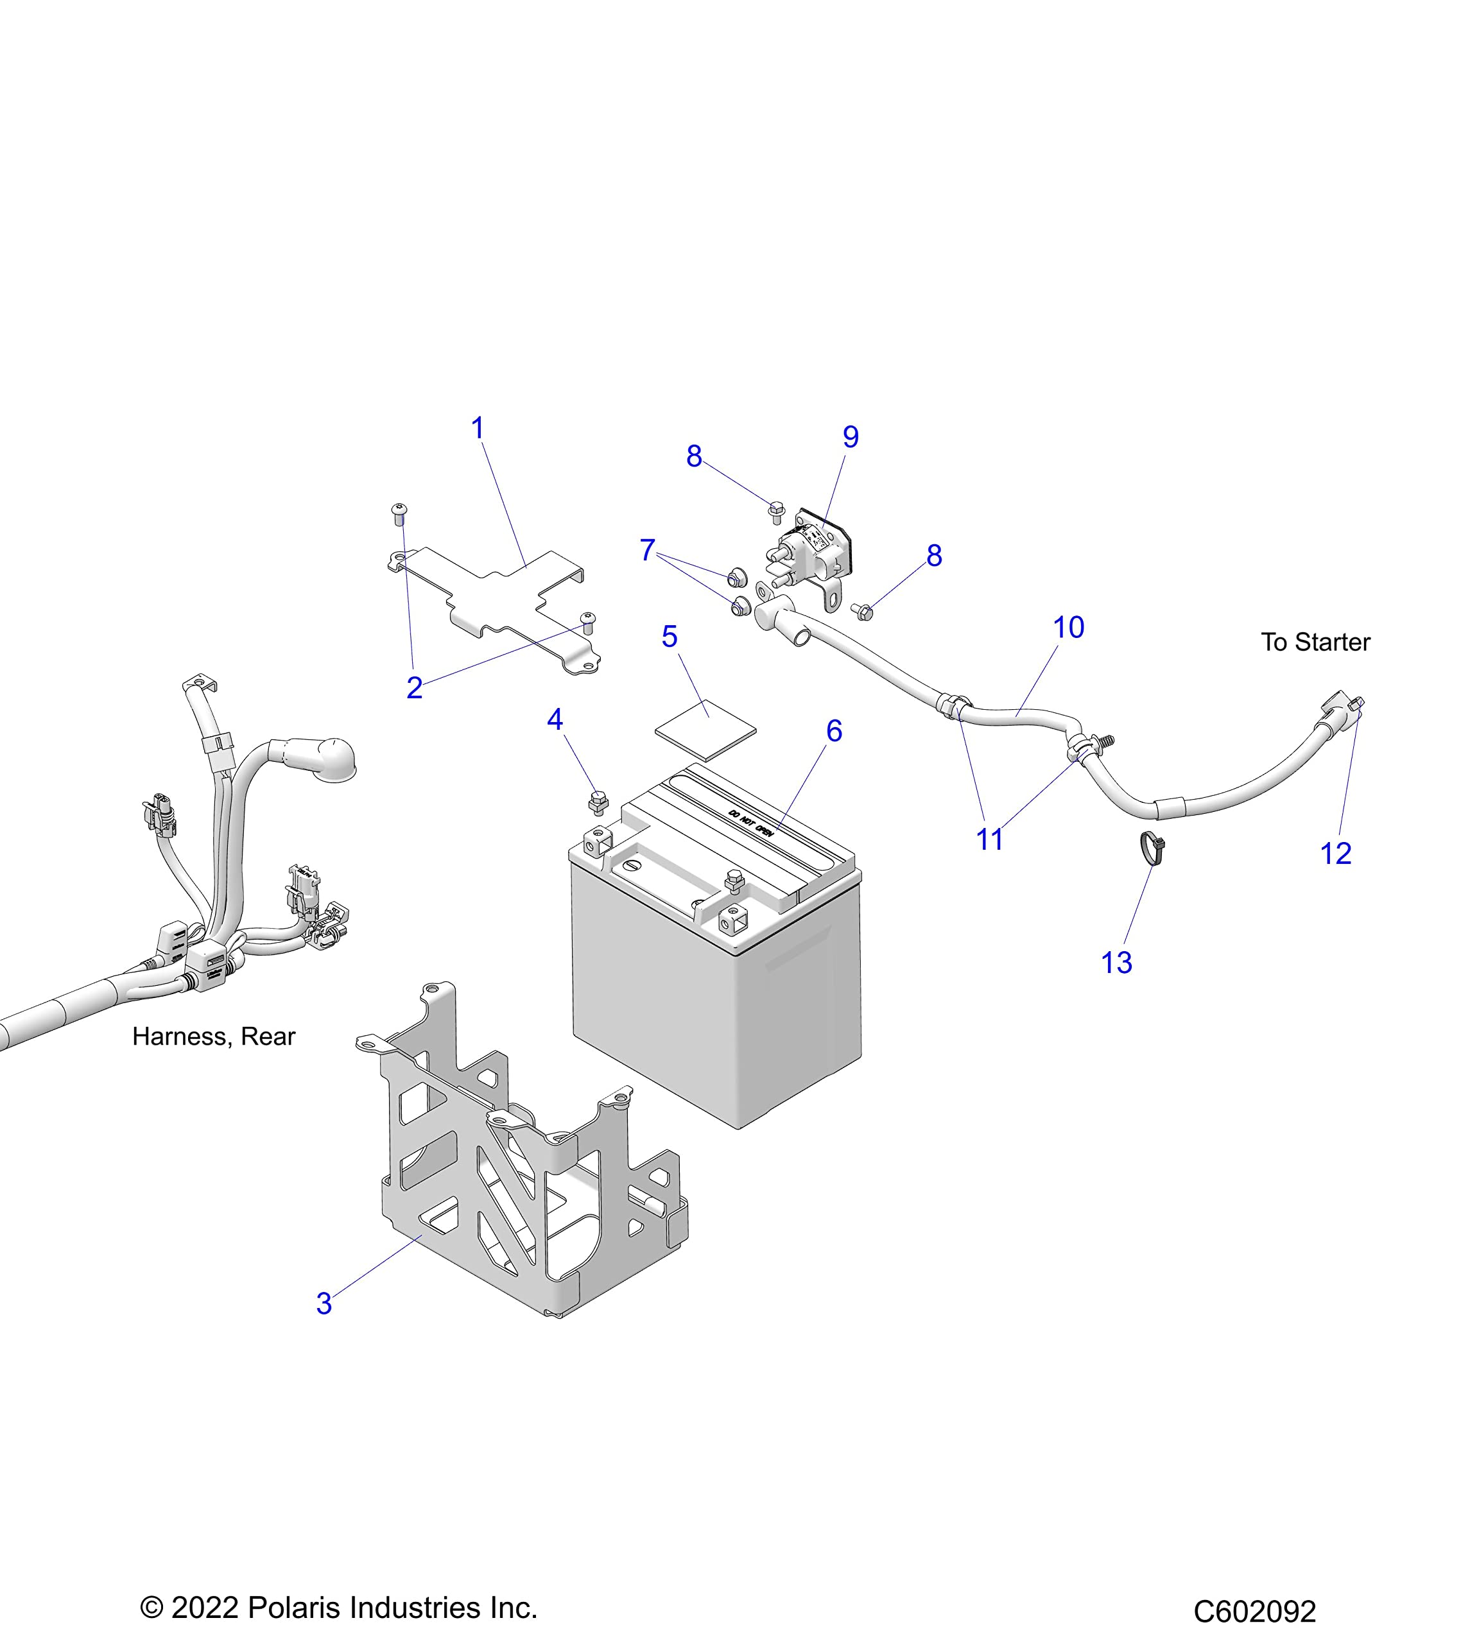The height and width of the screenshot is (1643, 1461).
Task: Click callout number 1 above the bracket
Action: (x=478, y=429)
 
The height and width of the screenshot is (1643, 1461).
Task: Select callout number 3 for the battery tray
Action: (x=324, y=1303)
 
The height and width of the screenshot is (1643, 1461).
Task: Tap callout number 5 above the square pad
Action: (x=669, y=637)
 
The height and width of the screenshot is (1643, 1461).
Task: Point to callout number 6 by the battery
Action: (x=834, y=730)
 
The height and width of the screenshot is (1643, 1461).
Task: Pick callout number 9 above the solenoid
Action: (x=850, y=437)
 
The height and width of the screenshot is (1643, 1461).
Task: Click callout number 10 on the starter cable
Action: (x=1068, y=628)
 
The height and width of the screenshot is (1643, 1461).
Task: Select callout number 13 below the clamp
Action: (x=1116, y=962)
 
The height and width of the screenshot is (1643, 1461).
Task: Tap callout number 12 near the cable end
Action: (x=1336, y=853)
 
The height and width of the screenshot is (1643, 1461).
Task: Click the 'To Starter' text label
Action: (x=1315, y=642)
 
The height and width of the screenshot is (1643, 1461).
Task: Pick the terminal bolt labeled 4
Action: (x=598, y=802)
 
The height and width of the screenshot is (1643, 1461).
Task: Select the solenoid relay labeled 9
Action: (x=812, y=550)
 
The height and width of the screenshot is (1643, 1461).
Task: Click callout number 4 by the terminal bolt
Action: (x=555, y=719)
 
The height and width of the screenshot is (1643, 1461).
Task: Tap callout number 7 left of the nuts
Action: (x=647, y=551)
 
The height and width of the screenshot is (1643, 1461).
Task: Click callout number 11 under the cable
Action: (x=989, y=839)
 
